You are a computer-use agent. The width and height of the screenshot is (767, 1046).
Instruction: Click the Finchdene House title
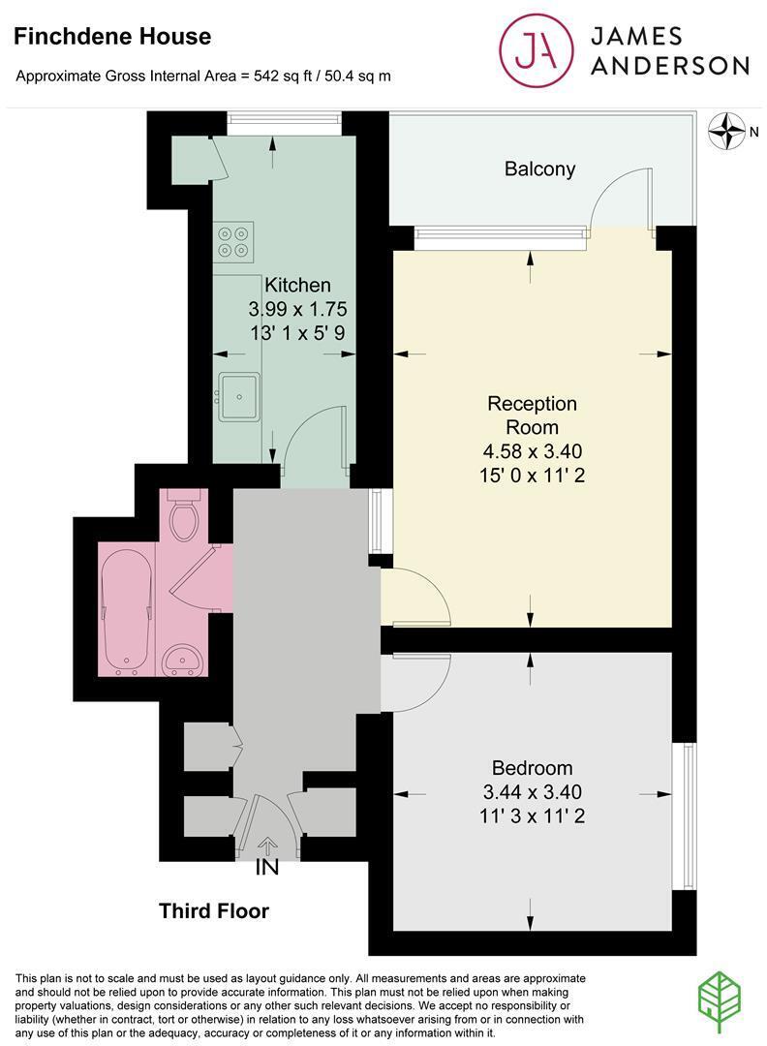[113, 38]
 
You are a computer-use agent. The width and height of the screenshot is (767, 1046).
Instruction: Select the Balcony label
[539, 169]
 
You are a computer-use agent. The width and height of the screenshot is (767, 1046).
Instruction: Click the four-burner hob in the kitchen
[233, 241]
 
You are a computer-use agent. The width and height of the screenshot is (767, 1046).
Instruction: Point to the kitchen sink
[238, 397]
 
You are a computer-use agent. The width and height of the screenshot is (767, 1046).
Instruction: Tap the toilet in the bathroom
[184, 516]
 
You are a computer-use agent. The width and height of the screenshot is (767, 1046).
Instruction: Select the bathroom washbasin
[182, 660]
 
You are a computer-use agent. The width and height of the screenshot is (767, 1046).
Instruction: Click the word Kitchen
[297, 285]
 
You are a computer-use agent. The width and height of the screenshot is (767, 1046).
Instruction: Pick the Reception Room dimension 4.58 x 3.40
[532, 451]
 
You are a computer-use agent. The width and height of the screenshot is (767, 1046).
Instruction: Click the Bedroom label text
[531, 768]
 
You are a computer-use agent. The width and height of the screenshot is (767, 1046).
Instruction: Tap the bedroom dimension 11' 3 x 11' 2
[531, 816]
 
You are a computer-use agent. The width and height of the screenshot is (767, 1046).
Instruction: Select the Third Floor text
[214, 911]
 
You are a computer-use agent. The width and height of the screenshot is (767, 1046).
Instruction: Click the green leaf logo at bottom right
[721, 998]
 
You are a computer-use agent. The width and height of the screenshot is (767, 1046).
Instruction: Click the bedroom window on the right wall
[686, 815]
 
